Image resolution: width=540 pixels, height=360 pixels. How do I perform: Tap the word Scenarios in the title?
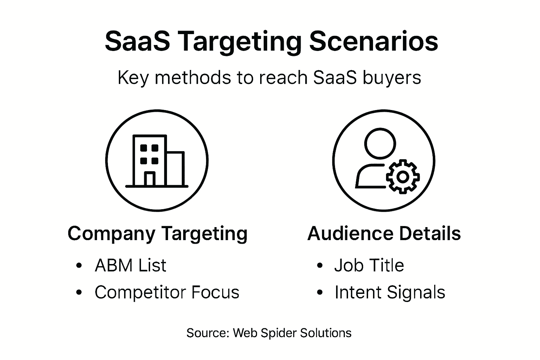(373, 41)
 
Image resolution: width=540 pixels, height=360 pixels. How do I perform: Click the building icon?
(157, 161)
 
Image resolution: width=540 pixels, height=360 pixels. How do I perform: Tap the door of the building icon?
(149, 179)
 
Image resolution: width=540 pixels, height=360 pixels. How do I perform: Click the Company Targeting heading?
(157, 233)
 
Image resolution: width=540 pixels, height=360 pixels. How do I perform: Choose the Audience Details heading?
(384, 233)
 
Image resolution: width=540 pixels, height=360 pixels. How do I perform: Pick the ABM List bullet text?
(130, 265)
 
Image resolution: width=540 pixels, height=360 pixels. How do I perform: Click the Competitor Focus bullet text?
(167, 292)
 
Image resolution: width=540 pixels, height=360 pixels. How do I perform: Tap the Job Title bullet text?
(369, 265)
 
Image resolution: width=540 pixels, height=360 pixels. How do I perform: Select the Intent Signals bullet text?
(390, 292)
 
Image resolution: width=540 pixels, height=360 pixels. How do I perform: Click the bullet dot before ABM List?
(79, 265)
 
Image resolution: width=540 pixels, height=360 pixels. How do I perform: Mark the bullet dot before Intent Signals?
(320, 292)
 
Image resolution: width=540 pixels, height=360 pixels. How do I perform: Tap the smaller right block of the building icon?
(175, 169)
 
